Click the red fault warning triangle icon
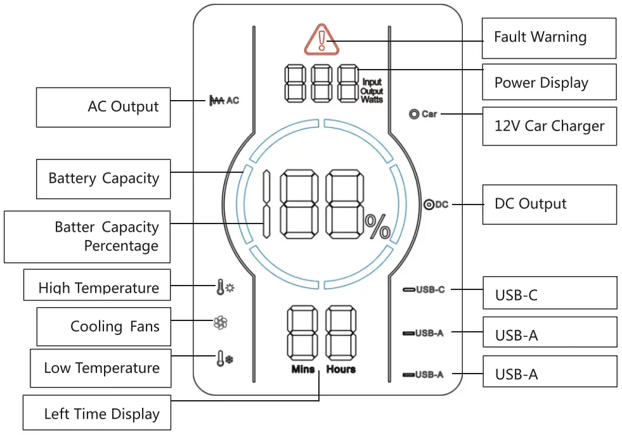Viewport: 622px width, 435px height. click(321, 39)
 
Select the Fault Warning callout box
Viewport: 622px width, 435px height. click(549, 38)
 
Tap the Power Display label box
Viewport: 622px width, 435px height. click(549, 82)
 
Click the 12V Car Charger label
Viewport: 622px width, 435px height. click(549, 126)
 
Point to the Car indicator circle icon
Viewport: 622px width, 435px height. click(415, 115)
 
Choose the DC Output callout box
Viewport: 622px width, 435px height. click(549, 204)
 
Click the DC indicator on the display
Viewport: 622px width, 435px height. click(436, 205)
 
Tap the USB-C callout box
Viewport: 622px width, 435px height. click(549, 293)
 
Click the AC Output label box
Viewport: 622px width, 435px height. click(103, 107)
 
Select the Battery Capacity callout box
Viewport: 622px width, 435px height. click(103, 179)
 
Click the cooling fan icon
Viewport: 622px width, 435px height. click(220, 324)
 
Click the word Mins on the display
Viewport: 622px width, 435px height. click(302, 369)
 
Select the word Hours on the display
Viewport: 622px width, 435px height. click(341, 369)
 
